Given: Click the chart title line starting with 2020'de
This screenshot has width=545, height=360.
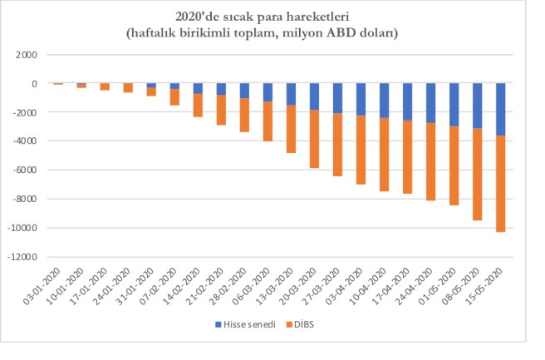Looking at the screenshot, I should point(272,16).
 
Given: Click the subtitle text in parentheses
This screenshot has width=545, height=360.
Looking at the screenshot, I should point(272,32).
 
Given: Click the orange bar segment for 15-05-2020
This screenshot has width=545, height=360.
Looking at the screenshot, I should point(501,183).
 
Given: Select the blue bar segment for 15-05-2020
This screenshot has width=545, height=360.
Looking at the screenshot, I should point(501,109).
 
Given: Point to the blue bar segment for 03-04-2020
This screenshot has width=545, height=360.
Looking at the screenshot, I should point(361,99).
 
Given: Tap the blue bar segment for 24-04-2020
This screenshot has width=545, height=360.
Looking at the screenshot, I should point(431,103).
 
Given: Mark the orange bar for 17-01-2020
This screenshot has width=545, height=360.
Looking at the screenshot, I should point(105,86).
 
